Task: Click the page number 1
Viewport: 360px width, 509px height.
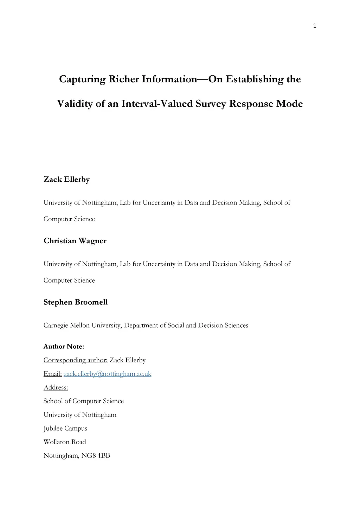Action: pyautogui.click(x=315, y=26)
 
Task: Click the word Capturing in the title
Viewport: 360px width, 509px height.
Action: pyautogui.click(x=82, y=79)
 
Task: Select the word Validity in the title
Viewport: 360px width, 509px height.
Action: pyautogui.click(x=75, y=104)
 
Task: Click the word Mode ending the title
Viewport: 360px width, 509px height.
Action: pyautogui.click(x=289, y=104)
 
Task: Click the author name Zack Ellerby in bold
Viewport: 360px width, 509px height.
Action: pyautogui.click(x=66, y=179)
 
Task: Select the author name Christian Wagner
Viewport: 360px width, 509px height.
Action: pyautogui.click(x=75, y=241)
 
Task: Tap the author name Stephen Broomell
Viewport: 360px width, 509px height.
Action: pyautogui.click(x=76, y=302)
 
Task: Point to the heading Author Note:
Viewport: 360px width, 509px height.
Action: pyautogui.click(x=64, y=347)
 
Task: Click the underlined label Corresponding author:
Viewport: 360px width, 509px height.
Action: pyautogui.click(x=75, y=360)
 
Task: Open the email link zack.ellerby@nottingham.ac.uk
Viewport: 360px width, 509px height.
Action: pyautogui.click(x=107, y=374)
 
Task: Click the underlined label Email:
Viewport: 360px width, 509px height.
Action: pyautogui.click(x=52, y=374)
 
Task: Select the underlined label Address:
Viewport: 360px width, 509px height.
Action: pyautogui.click(x=56, y=387)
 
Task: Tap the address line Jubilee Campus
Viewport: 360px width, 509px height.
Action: pyautogui.click(x=65, y=429)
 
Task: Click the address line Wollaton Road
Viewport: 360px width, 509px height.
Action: pyautogui.click(x=65, y=442)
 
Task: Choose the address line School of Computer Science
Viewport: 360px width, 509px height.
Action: pyautogui.click(x=84, y=401)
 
